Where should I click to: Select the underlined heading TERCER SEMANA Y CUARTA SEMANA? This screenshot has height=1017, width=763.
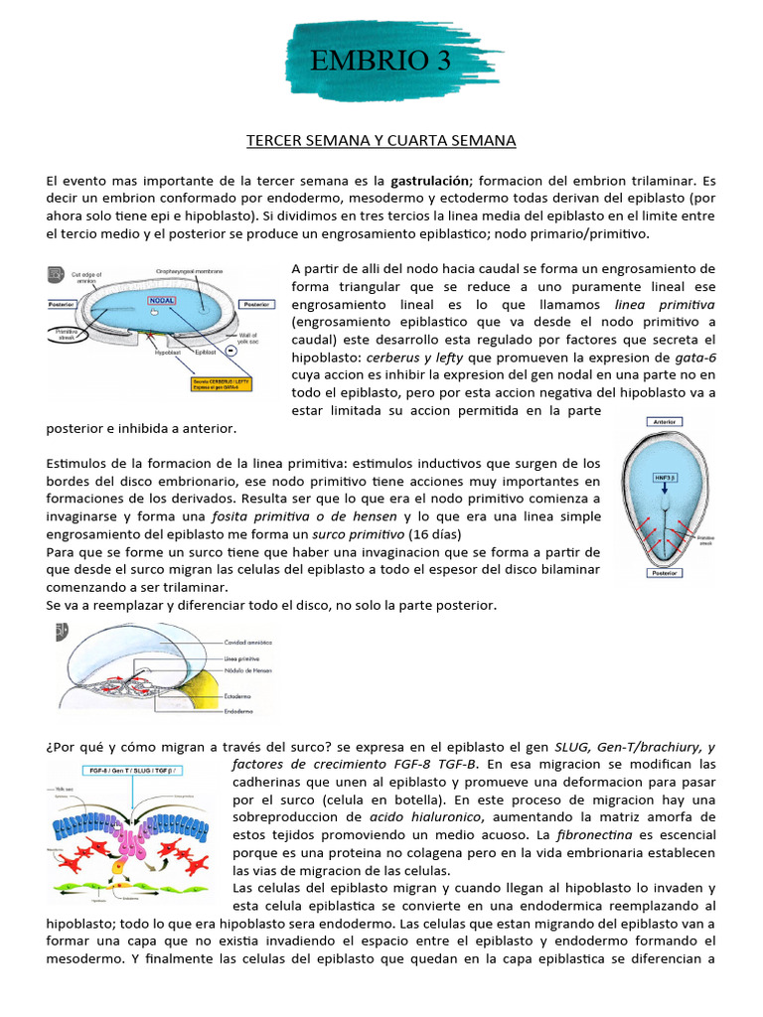click(381, 141)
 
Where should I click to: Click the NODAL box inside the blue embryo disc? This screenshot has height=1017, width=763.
click(162, 299)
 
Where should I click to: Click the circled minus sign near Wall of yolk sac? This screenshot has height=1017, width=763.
click(258, 350)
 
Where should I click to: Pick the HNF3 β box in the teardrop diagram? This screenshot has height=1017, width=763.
click(665, 478)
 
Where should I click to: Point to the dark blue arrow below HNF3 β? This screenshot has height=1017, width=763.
click(665, 495)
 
